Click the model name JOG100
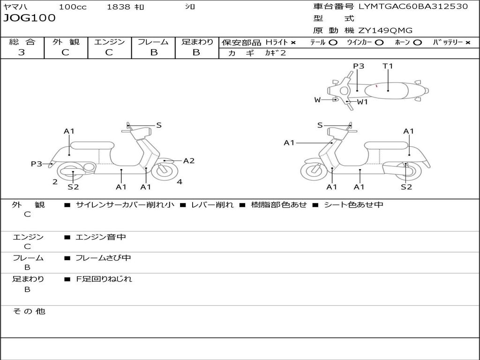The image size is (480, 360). [30, 18]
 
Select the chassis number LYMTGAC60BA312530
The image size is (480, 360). [413, 7]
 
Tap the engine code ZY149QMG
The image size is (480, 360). [385, 30]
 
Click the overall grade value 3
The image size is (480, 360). [22, 52]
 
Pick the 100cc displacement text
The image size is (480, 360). [73, 7]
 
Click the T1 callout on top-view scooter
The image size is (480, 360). [388, 66]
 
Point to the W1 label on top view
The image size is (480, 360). [362, 102]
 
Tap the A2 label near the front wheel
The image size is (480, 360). [189, 161]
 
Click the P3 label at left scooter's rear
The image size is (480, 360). [37, 164]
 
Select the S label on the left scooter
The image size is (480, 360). [159, 125]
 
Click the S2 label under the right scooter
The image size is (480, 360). [406, 187]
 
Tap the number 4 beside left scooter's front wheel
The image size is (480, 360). [180, 182]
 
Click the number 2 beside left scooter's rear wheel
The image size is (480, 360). [55, 182]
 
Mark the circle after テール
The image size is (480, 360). [333, 43]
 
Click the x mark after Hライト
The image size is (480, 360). [293, 43]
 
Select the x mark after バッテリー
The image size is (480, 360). [468, 43]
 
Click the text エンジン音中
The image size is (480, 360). [101, 237]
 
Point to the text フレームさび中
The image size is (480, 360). [103, 258]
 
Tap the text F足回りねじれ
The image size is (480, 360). [104, 279]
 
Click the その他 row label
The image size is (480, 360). [29, 311]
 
